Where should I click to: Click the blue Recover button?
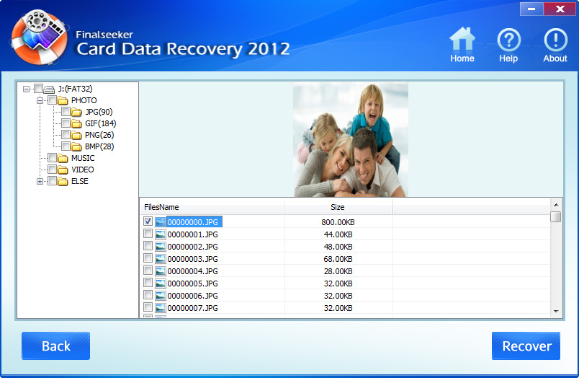click(526, 346)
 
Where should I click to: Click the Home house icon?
click(462, 39)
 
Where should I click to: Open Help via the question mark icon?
click(509, 40)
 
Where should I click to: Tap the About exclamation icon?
click(555, 40)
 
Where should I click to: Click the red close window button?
click(560, 9)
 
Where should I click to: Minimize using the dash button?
click(531, 9)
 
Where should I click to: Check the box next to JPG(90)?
click(66, 111)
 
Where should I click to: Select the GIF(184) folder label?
click(100, 123)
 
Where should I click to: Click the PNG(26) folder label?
click(99, 135)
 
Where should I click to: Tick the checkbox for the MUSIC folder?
click(52, 158)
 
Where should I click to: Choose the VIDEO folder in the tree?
click(82, 170)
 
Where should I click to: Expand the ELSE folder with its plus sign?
click(40, 181)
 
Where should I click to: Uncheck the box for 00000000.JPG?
click(148, 221)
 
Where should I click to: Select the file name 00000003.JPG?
click(192, 259)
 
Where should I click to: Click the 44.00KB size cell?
click(338, 234)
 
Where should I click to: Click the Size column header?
click(338, 207)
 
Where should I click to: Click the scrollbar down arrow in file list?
click(556, 312)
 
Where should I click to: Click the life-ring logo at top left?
click(39, 37)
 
